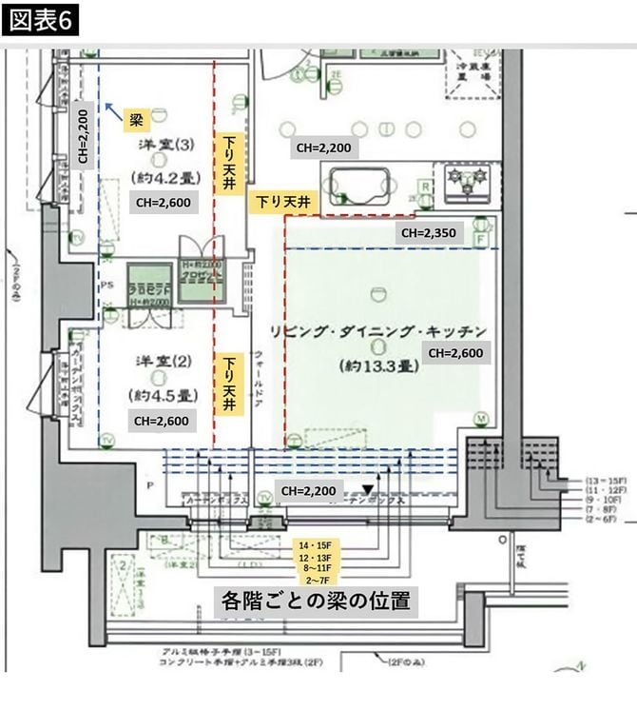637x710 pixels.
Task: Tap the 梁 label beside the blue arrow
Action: pyautogui.click(x=135, y=120)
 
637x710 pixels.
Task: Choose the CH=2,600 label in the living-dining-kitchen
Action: pyautogui.click(x=456, y=352)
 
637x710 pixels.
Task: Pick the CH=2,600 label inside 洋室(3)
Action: pyautogui.click(x=161, y=202)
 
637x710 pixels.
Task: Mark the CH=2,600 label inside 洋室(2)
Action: pyautogui.click(x=161, y=420)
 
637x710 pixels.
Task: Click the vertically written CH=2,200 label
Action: pyautogui.click(x=84, y=135)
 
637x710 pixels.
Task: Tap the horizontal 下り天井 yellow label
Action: pyautogui.click(x=280, y=202)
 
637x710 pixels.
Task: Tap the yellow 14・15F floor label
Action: pyautogui.click(x=316, y=544)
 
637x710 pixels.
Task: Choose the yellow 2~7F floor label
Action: pyautogui.click(x=316, y=579)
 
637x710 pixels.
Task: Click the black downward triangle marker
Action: pyautogui.click(x=368, y=490)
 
